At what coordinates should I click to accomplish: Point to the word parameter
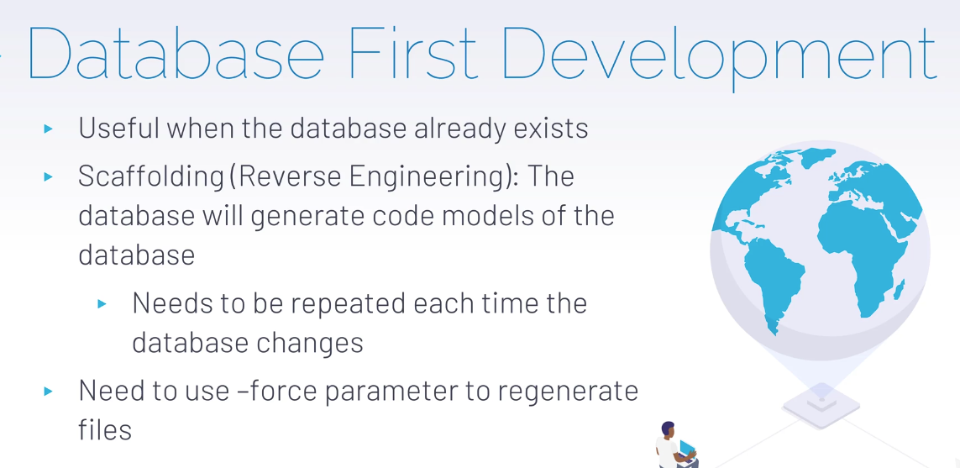tap(387, 392)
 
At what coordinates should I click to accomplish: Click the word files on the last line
tap(105, 429)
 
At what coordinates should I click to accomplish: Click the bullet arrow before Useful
tap(49, 129)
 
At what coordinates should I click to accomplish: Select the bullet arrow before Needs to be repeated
tap(102, 304)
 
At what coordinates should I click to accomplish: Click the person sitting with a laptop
tap(674, 444)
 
